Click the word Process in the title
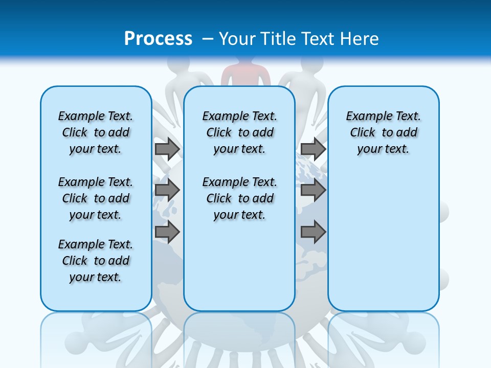point(158,38)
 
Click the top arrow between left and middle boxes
point(167,149)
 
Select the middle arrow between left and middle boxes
point(167,191)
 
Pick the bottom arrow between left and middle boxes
point(167,233)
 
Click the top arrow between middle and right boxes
point(313,149)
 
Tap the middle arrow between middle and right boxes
point(313,191)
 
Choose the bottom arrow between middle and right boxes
point(313,233)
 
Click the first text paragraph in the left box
point(96,132)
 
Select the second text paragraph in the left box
point(96,198)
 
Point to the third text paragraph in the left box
point(96,261)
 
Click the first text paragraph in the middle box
point(239,132)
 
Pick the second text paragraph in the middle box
point(239,198)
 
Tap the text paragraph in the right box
point(383,132)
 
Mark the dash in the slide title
point(208,39)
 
